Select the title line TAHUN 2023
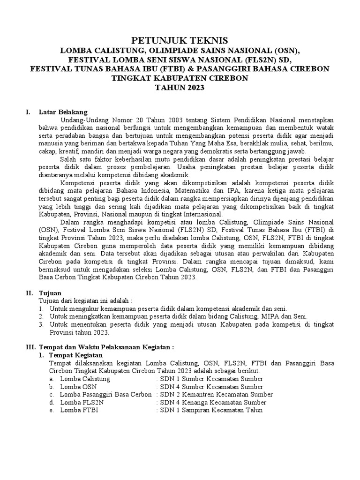(180, 88)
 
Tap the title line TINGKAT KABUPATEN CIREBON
(180, 78)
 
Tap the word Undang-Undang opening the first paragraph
(81, 120)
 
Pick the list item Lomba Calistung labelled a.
(85, 379)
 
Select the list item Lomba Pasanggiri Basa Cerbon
(105, 395)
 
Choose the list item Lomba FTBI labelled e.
(79, 410)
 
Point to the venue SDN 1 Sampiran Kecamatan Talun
(211, 410)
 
